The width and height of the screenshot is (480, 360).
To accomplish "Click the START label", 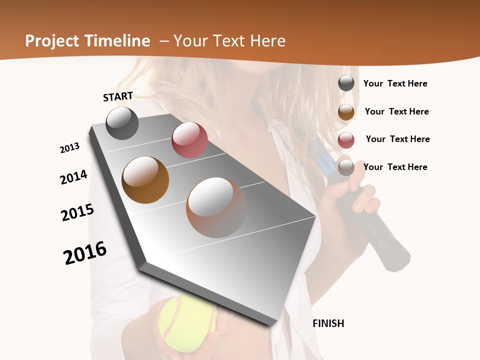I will pos(118,96).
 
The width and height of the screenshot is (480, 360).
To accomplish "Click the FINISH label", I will pos(328,323).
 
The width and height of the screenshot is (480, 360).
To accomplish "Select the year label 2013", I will pos(69,148).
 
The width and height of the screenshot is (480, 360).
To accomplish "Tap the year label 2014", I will pos(73,177).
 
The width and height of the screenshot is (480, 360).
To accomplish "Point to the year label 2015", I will pos(77,212).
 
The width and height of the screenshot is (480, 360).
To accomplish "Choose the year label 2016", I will pos(85,253).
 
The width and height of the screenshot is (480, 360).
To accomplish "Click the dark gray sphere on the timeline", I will pos(122,123).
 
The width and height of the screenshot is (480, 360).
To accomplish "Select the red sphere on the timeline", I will pos(189,140).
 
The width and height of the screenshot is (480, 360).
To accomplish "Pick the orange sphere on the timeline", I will pos(145,179).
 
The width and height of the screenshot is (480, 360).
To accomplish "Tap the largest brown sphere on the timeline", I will pos(216,207).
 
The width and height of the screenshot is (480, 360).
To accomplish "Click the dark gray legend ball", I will pos(346,83).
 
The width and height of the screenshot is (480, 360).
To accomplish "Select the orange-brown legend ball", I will pos(346,111).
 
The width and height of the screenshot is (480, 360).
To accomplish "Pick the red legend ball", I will pos(346,139).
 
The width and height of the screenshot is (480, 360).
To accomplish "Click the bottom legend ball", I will pos(346,167).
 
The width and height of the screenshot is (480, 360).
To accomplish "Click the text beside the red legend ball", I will pos(397,139).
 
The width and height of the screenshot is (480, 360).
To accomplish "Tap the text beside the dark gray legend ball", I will pos(395,83).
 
